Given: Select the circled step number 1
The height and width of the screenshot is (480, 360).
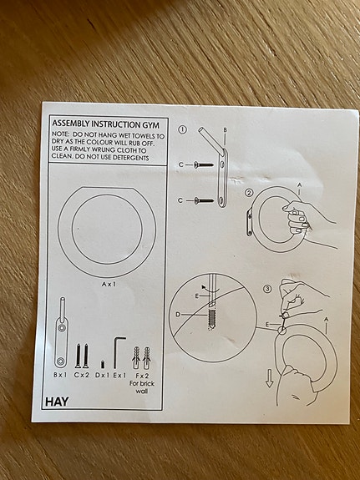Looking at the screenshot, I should pyautogui.click(x=182, y=130).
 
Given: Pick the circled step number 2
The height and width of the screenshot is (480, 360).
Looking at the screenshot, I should pyautogui.click(x=248, y=194).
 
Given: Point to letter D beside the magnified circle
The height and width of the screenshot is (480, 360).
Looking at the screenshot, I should pyautogui.click(x=177, y=315).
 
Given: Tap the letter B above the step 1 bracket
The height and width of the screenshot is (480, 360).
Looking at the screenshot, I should pyautogui.click(x=225, y=130).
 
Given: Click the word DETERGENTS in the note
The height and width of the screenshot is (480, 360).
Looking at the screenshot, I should pyautogui.click(x=125, y=158).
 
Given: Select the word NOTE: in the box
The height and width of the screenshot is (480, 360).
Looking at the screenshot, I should pyautogui.click(x=60, y=134).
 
